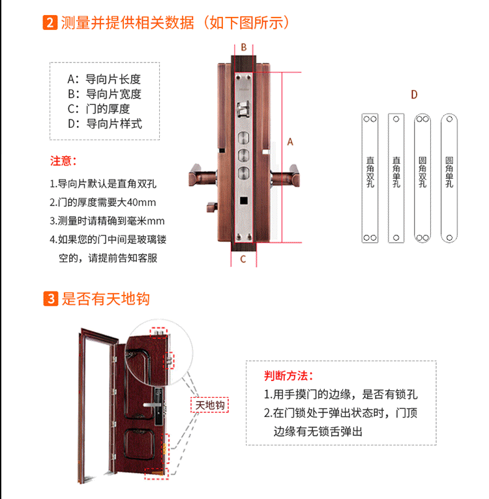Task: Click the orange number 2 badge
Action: tap(50, 23)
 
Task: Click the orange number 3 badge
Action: tap(50, 299)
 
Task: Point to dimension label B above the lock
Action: tap(244, 47)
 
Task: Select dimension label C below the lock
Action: tap(243, 259)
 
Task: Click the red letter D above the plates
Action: tap(414, 95)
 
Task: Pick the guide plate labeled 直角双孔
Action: tap(370, 178)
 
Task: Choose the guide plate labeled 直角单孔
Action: tap(396, 178)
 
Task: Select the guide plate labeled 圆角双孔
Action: tap(422, 178)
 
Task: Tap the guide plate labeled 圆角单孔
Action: tap(449, 178)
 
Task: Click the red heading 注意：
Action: tap(64, 160)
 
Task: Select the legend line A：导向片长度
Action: tap(104, 79)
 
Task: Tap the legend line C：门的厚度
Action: tap(99, 109)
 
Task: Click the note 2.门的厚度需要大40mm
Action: tap(103, 202)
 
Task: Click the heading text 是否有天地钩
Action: tap(106, 299)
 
